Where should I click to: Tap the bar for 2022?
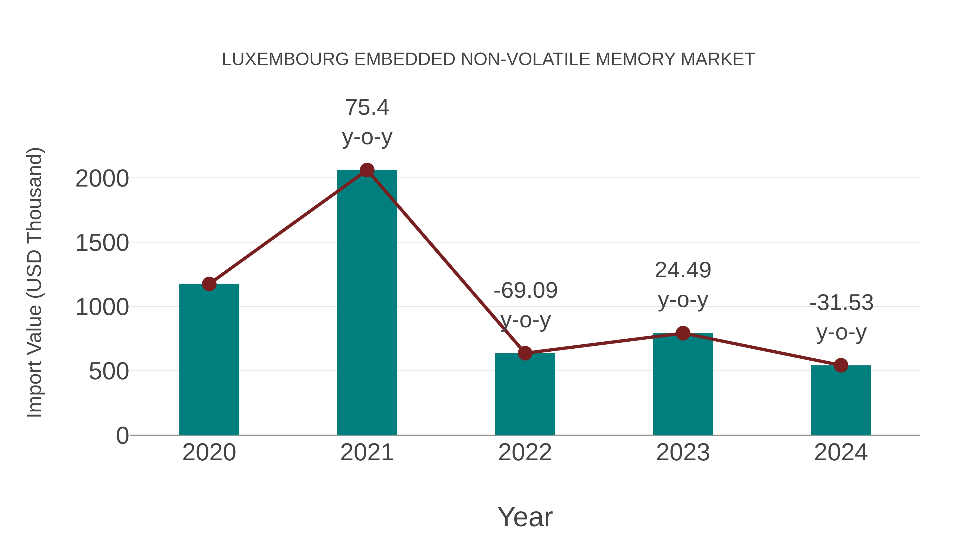[x=525, y=394]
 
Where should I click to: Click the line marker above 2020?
[x=209, y=284]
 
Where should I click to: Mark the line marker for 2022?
[x=525, y=353]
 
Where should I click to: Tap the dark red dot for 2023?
[x=683, y=333]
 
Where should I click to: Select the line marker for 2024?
[x=841, y=365]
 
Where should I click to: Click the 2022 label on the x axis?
[x=525, y=452]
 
